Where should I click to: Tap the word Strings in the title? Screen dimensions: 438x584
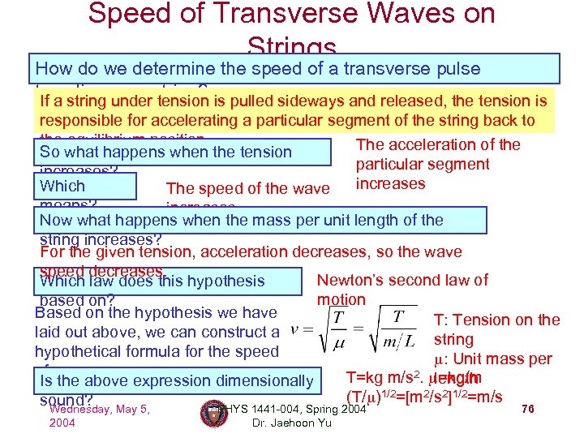coord(291,46)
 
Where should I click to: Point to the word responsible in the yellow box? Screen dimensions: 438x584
coord(81,121)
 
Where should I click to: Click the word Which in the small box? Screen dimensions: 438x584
coord(62,186)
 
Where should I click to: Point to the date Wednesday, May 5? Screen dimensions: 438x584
coord(99,409)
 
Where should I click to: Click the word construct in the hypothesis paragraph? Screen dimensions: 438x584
coord(239,332)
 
